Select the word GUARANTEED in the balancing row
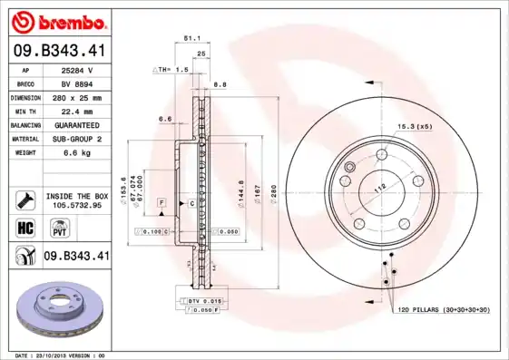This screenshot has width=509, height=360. pos(77,125)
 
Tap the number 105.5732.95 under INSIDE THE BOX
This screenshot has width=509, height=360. pos(77,205)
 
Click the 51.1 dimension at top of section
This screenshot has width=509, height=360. pos(192,39)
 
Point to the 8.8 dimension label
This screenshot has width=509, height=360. pos(220,84)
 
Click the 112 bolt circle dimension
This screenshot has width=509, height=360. pos(381,186)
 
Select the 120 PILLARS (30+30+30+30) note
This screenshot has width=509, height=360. pos(443,310)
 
